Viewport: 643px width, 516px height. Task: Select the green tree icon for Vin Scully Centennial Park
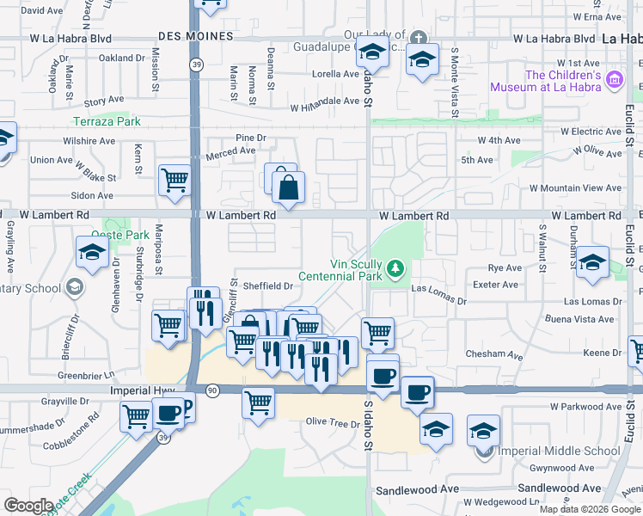395,269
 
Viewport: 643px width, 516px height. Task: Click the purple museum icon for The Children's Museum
614,81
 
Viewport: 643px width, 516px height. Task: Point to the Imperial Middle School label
568,451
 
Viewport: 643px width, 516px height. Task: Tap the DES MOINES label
196,36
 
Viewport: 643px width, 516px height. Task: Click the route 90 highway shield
211,390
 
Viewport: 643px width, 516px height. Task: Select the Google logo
28,506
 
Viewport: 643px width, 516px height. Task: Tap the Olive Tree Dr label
333,423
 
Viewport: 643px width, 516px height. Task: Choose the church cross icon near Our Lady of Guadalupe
418,38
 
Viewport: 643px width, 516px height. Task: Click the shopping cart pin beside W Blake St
175,180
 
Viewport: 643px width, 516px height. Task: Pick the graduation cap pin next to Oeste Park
90,252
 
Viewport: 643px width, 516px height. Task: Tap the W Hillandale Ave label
324,101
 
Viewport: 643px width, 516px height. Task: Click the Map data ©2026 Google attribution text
590,509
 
